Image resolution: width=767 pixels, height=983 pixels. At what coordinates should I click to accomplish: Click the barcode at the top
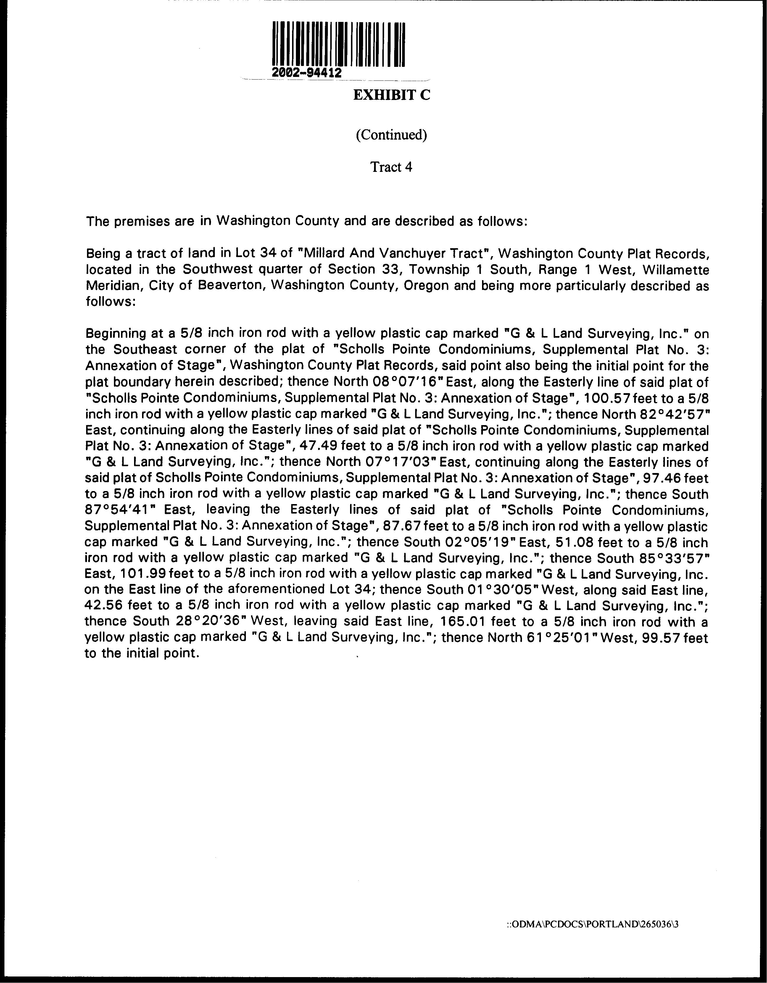(339, 44)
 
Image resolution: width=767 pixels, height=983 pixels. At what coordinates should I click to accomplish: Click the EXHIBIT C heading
(391, 96)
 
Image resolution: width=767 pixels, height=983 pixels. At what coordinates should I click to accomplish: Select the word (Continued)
(391, 135)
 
